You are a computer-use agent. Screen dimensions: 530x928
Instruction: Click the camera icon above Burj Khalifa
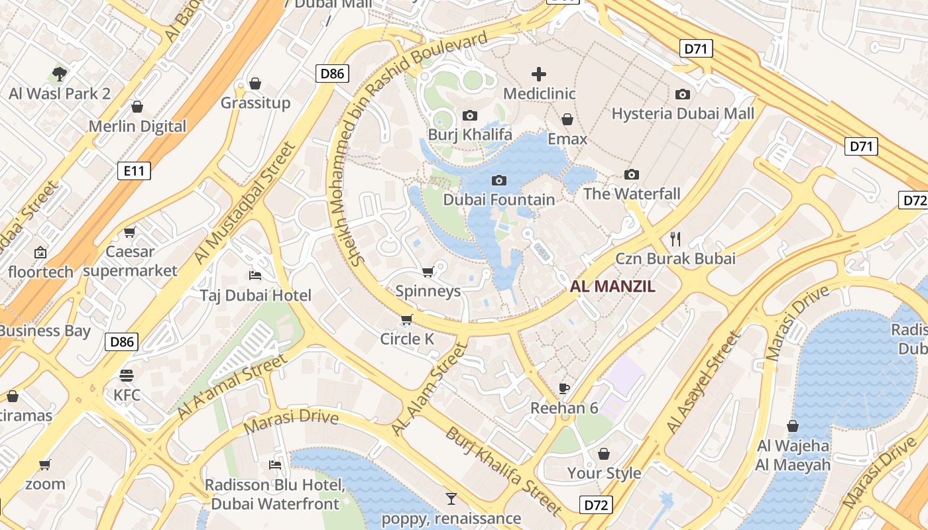[470, 116]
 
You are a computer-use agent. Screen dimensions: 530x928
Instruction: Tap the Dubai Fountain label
[498, 199]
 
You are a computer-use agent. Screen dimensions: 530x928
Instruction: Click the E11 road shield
[134, 172]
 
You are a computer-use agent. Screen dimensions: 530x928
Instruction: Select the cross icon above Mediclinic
[539, 74]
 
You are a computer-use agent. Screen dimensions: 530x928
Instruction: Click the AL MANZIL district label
[612, 287]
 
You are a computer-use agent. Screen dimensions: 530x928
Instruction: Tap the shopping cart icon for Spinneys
[428, 272]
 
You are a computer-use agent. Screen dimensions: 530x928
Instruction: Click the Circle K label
[407, 339]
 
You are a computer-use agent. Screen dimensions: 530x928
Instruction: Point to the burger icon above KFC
[127, 376]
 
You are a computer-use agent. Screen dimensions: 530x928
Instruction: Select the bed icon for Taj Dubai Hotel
[255, 275]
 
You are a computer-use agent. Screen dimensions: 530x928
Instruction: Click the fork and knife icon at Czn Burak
[675, 238]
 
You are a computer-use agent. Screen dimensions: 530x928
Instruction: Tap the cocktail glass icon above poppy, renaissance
[451, 498]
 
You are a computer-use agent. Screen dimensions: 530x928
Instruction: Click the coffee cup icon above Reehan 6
[564, 388]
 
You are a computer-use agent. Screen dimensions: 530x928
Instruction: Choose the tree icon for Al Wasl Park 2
[60, 74]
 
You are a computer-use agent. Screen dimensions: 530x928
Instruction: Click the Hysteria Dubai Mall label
[683, 114]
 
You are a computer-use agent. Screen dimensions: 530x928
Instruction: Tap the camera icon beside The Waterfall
[632, 175]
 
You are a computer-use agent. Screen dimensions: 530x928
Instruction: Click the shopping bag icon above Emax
[567, 120]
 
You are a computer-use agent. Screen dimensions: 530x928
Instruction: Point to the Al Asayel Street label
[703, 384]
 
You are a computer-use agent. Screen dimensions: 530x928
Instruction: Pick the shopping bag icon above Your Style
[604, 454]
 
